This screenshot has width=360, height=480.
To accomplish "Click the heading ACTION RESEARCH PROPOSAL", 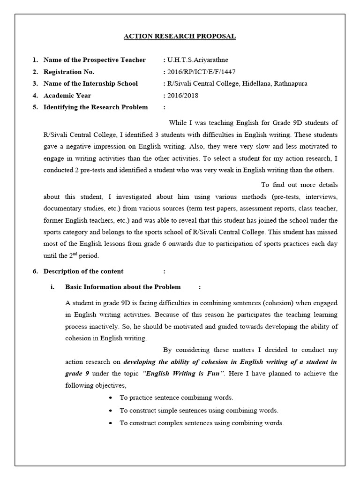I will tap(180, 36).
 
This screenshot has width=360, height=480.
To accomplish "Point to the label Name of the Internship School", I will tap(90, 83).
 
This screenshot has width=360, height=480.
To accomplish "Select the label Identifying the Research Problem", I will tap(95, 107).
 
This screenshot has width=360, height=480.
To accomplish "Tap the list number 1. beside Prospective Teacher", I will tap(35, 60).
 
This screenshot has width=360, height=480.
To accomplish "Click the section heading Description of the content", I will tap(83, 271).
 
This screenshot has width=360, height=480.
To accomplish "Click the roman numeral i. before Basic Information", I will tap(52, 287).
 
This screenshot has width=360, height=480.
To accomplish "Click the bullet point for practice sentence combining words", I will tap(110, 398).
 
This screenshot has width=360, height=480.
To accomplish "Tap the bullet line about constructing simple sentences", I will tap(199, 410).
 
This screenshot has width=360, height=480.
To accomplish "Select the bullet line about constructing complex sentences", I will tap(202, 423).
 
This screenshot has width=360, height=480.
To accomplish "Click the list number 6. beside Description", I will tap(35, 271).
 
